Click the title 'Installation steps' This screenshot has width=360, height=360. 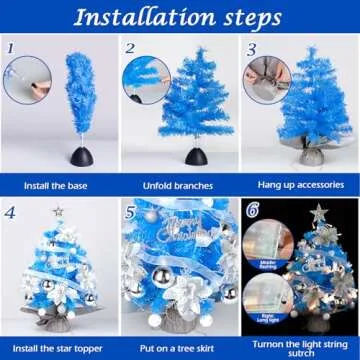tap(180, 17)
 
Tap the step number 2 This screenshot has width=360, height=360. tap(130, 48)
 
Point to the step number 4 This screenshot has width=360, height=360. tap(10, 212)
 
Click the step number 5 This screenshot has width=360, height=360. tap(130, 212)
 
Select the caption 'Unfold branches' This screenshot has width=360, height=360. tap(179, 186)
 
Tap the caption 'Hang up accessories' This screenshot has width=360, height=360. tap(299, 186)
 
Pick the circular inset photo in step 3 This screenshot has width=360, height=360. tap(269, 75)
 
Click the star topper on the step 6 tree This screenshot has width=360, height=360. tap(318, 213)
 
